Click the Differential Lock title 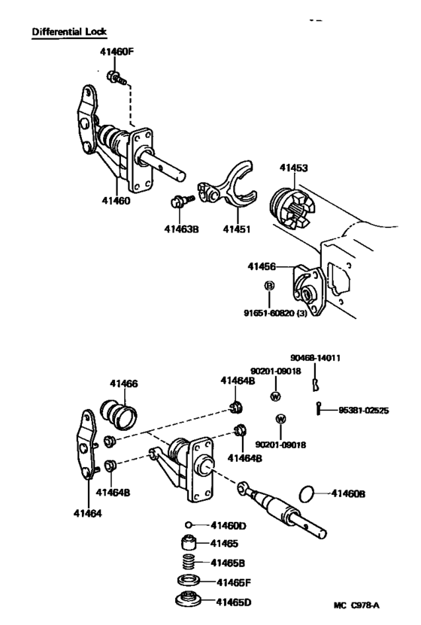pos(69,32)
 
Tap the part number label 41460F pos(117,53)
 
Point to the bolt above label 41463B pos(181,201)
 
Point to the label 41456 pos(262,266)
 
